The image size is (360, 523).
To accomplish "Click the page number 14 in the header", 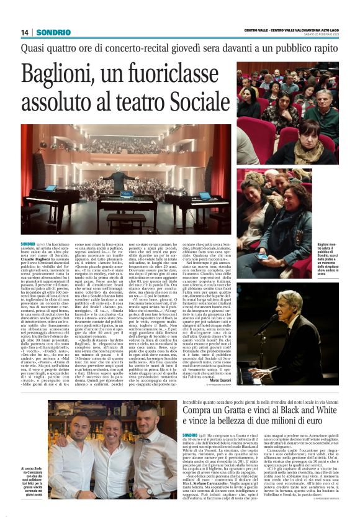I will [25, 32].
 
